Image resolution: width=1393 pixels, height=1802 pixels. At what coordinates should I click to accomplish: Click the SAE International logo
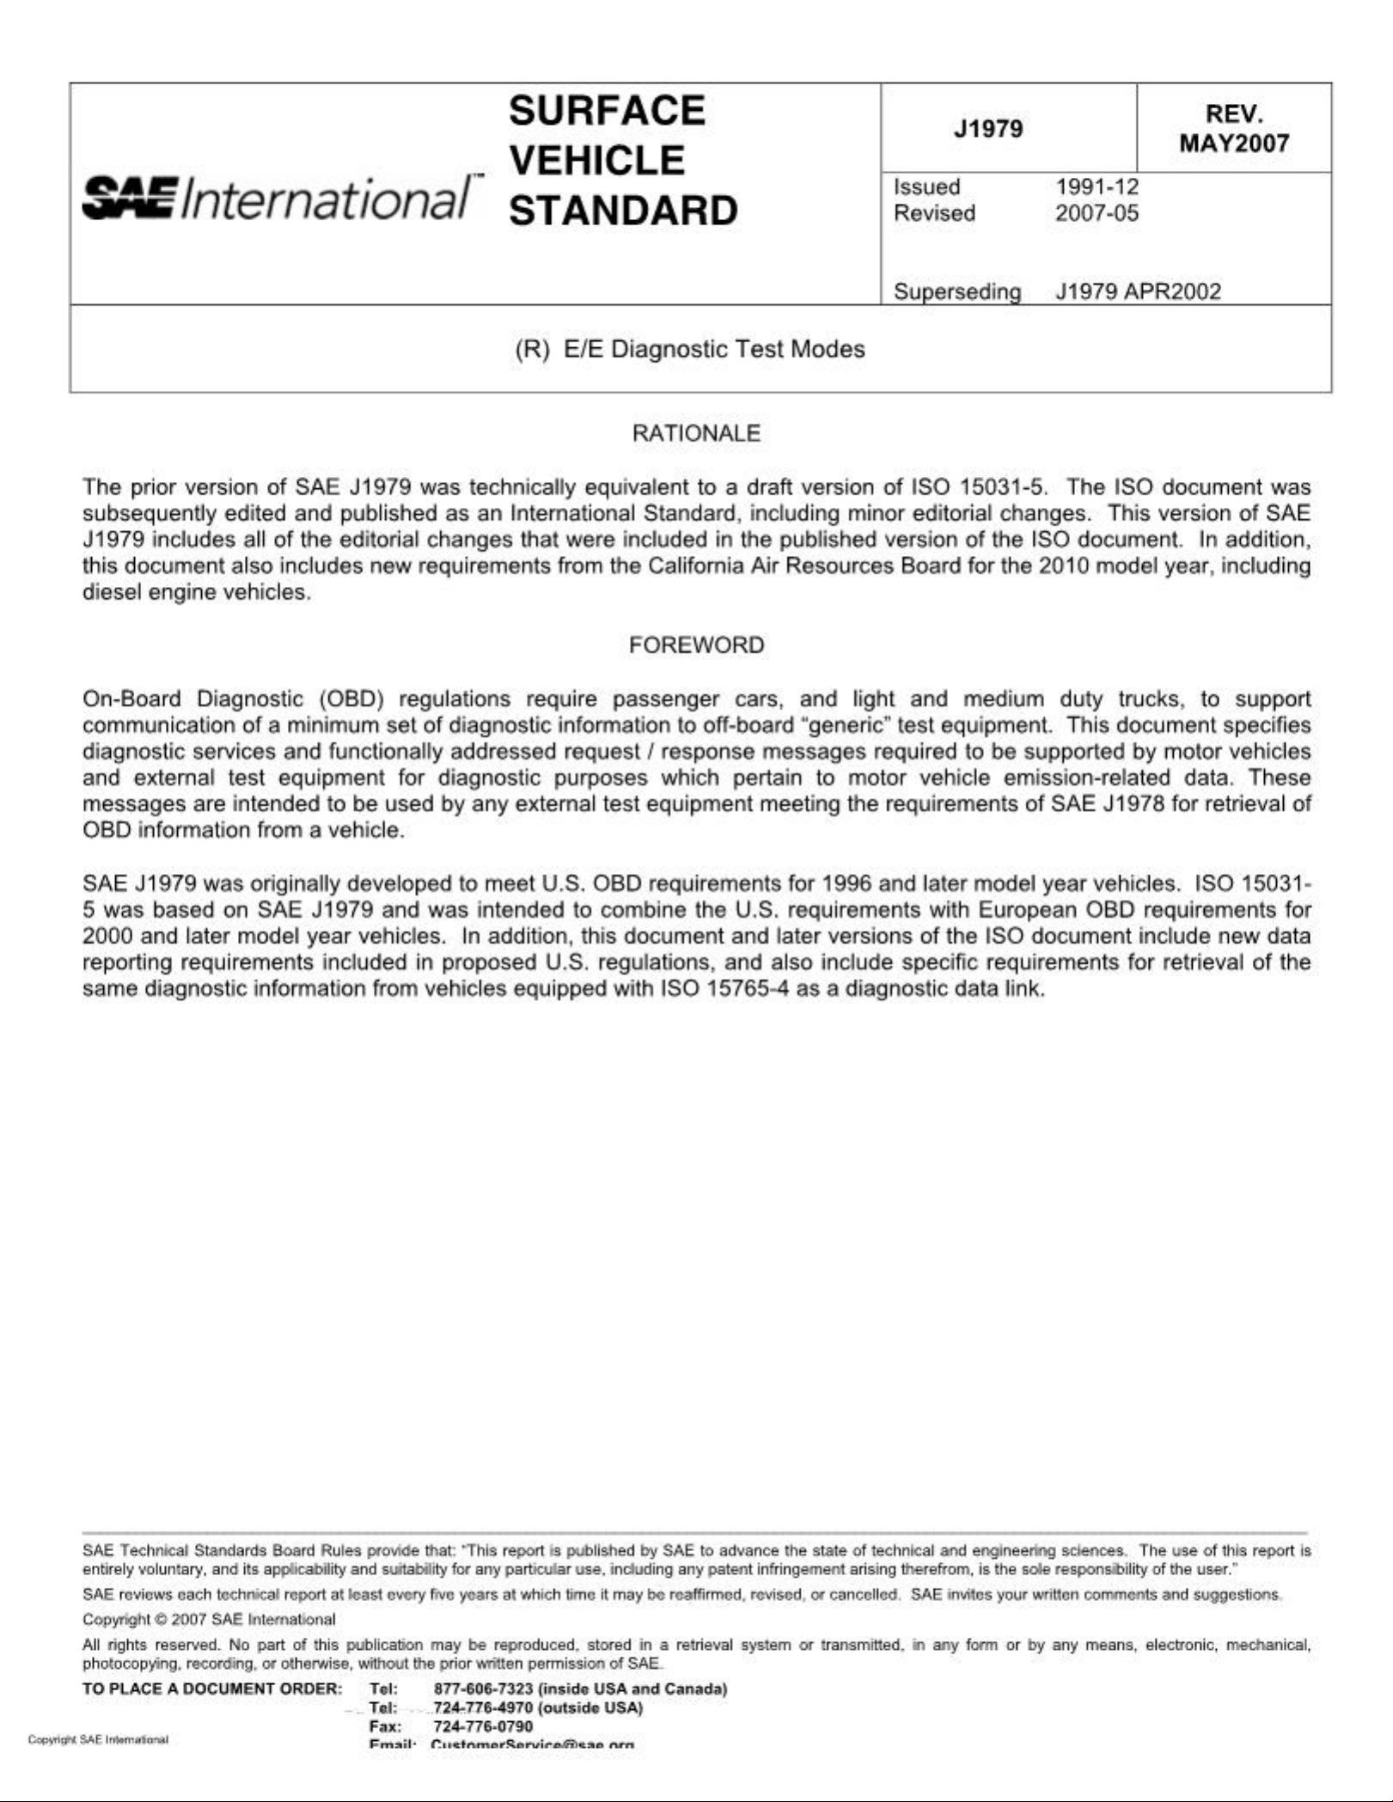[x=277, y=199]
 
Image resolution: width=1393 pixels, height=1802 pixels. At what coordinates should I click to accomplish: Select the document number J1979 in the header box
[x=988, y=129]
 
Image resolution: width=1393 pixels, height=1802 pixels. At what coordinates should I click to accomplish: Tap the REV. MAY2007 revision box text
[x=1234, y=129]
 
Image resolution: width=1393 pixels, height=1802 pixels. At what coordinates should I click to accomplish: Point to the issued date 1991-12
[x=1097, y=186]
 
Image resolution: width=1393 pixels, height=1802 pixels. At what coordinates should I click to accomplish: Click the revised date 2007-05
[x=1097, y=213]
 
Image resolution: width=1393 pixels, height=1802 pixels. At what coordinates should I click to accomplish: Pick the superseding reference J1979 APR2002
[x=1138, y=291]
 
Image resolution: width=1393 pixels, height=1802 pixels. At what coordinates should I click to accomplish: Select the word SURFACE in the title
[x=607, y=111]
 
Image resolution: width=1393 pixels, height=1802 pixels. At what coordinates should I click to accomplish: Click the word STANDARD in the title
[x=623, y=211]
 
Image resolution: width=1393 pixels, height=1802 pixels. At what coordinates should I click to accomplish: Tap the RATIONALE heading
[x=696, y=433]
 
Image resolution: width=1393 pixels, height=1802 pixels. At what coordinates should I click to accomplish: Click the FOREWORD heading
[x=696, y=645]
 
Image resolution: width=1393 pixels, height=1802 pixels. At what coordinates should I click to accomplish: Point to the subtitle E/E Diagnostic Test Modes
[x=714, y=349]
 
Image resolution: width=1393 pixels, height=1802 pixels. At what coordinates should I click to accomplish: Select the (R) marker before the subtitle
[x=532, y=349]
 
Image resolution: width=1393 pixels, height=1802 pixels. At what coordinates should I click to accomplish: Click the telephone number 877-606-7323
[x=484, y=1689]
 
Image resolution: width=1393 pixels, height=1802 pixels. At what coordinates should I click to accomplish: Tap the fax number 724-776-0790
[x=483, y=1726]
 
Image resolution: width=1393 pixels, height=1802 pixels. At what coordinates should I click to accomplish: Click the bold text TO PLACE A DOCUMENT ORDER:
[x=212, y=1689]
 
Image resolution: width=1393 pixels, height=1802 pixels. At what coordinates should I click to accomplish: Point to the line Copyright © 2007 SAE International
[x=209, y=1620]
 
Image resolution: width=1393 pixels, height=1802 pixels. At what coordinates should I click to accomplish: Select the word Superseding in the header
[x=957, y=292]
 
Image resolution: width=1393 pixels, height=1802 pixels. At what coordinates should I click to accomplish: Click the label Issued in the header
[x=927, y=186]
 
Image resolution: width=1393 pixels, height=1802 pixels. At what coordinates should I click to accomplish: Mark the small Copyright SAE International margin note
[x=98, y=1740]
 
